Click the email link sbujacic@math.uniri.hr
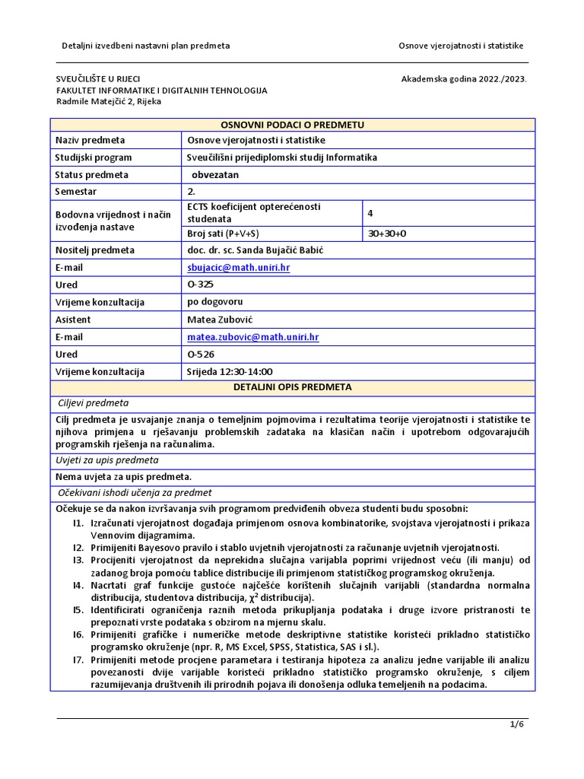click(238, 268)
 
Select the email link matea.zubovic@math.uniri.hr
click(252, 337)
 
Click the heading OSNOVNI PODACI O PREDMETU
click(292, 125)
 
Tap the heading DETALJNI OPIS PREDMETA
click(292, 387)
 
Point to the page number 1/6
click(517, 724)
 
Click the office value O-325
click(200, 285)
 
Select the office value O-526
click(200, 355)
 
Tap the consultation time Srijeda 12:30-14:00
click(229, 372)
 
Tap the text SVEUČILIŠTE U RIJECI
click(98, 79)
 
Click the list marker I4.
click(78, 586)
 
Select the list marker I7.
click(78, 660)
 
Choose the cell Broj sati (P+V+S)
click(227, 234)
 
